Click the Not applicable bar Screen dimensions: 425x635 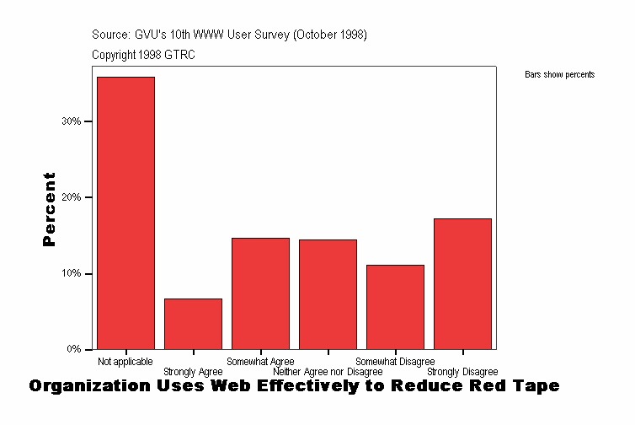[x=125, y=212]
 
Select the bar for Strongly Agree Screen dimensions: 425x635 [x=193, y=324]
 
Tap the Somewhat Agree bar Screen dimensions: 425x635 [x=260, y=293]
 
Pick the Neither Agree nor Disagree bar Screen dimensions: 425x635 [x=328, y=294]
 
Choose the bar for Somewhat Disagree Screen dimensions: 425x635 [x=395, y=307]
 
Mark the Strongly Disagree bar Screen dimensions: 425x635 [x=462, y=283]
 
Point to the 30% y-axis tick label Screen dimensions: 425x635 [x=72, y=121]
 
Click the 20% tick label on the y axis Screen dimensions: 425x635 [x=72, y=197]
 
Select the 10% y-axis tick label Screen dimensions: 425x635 [x=72, y=274]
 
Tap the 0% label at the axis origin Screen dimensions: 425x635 [x=74, y=349]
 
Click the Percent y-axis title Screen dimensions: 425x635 [x=50, y=209]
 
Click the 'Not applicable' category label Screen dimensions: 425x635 [x=125, y=362]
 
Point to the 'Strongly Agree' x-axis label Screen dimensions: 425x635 [x=193, y=372]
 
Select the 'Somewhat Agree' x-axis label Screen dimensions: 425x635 [x=260, y=362]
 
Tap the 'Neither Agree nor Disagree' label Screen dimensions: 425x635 [x=328, y=372]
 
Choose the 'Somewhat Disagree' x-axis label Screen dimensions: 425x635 [x=395, y=362]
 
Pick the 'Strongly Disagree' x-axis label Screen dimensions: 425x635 [x=462, y=372]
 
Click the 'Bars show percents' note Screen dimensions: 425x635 [x=559, y=75]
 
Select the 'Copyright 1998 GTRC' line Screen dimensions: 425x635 [x=143, y=55]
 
